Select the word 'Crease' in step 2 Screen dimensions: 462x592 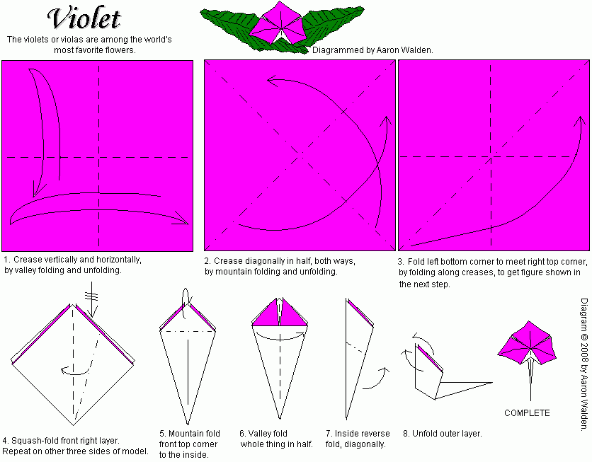228,261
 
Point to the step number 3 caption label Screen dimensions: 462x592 401,261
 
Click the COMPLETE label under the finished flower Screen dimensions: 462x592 527,413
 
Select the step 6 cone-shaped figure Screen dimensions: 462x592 281,354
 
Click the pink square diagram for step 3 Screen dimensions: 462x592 494,156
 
